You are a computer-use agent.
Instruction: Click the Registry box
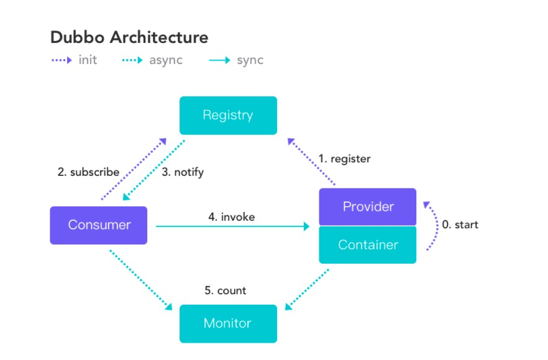(x=228, y=116)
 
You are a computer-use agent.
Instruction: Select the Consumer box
(x=99, y=225)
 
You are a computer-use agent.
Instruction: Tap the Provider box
(x=368, y=207)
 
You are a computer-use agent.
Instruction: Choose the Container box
(x=368, y=245)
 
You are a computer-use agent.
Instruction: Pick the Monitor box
(x=228, y=323)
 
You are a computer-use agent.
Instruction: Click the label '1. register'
(x=344, y=159)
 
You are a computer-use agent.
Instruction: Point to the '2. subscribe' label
(x=88, y=172)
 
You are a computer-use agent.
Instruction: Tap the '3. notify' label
(x=183, y=172)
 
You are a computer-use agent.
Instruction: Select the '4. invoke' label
(x=231, y=217)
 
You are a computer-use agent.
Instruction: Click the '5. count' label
(x=226, y=290)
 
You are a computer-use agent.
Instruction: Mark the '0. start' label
(x=460, y=224)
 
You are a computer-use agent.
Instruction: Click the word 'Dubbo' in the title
(x=77, y=37)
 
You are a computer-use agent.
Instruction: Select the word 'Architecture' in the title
(x=159, y=37)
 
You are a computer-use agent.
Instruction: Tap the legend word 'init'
(x=88, y=60)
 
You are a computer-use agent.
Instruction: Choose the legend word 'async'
(x=166, y=60)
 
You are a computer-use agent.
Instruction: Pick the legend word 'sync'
(x=250, y=60)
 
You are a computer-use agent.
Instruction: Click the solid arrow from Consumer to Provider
(x=233, y=226)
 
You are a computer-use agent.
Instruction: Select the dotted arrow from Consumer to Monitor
(x=141, y=280)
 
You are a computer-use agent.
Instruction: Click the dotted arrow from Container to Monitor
(x=307, y=290)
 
